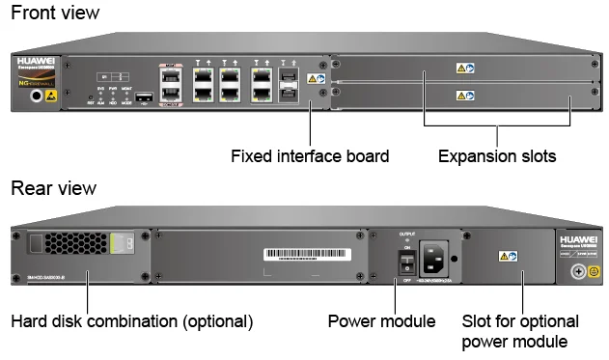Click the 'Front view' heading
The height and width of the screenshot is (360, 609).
[x=54, y=14]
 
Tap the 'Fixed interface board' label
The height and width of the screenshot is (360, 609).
[x=309, y=154]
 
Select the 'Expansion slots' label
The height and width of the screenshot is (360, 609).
[x=497, y=154]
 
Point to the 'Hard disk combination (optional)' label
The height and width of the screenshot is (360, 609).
[x=131, y=320]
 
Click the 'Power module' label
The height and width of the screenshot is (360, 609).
[x=381, y=320]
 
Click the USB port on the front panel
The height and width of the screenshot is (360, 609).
[x=144, y=97]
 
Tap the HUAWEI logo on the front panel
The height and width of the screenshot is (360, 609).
[x=36, y=60]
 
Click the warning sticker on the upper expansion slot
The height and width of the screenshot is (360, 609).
[x=465, y=69]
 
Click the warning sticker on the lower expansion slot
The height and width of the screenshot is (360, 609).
[x=465, y=96]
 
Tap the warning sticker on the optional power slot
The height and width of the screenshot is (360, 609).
[x=506, y=257]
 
